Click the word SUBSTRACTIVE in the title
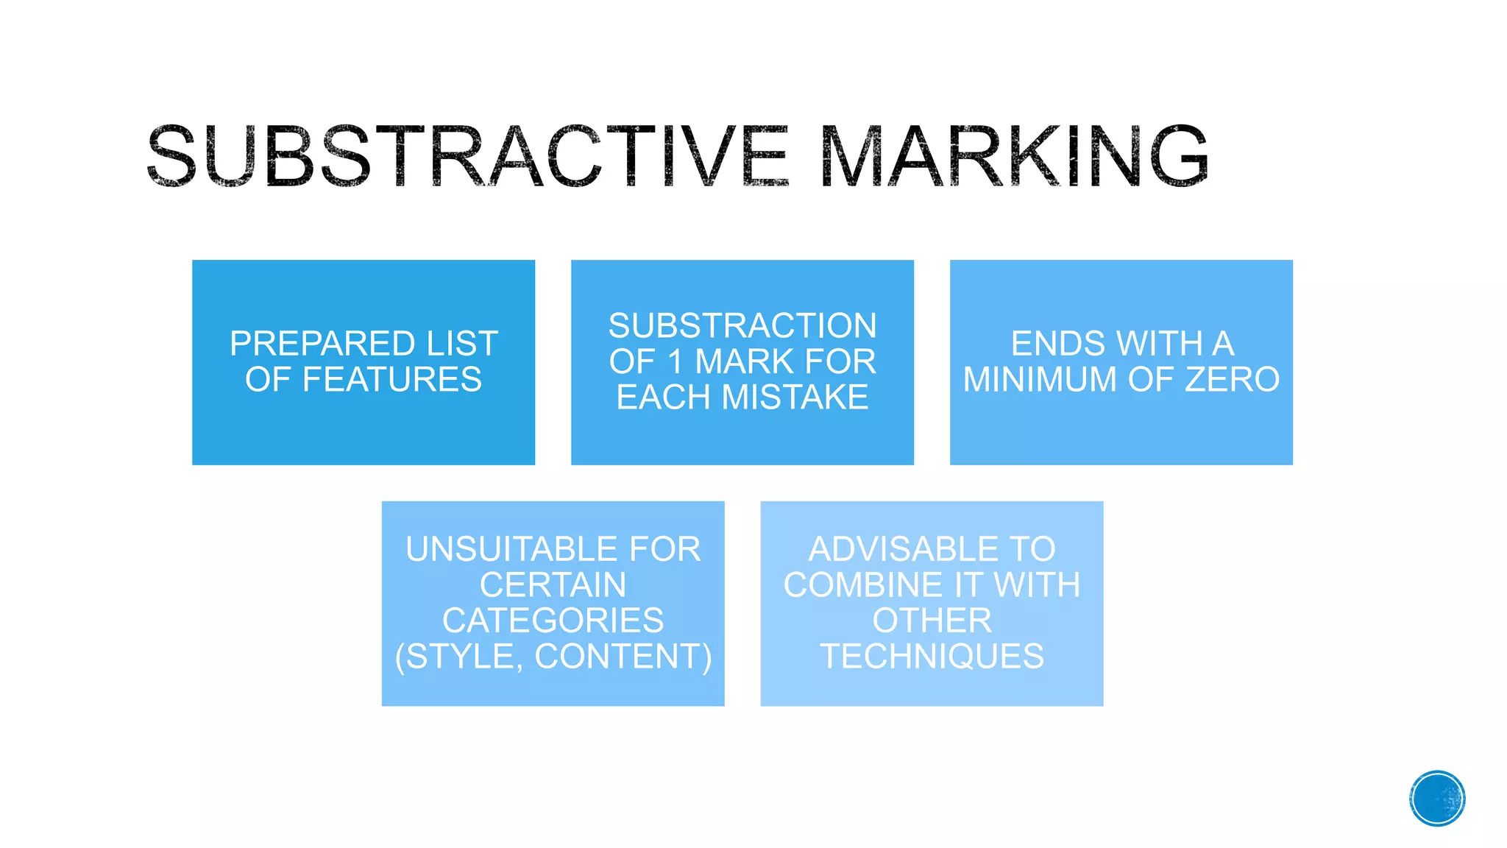tap(467, 155)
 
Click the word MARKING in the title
tap(1013, 155)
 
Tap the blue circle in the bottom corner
tap(1436, 798)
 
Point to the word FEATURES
tap(392, 380)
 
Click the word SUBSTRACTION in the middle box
tap(742, 325)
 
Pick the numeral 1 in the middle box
tap(675, 361)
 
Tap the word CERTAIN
tap(553, 585)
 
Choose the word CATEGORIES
tap(553, 621)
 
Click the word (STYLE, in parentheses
tap(459, 657)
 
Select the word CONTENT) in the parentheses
tap(623, 657)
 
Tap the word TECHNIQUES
tap(932, 657)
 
